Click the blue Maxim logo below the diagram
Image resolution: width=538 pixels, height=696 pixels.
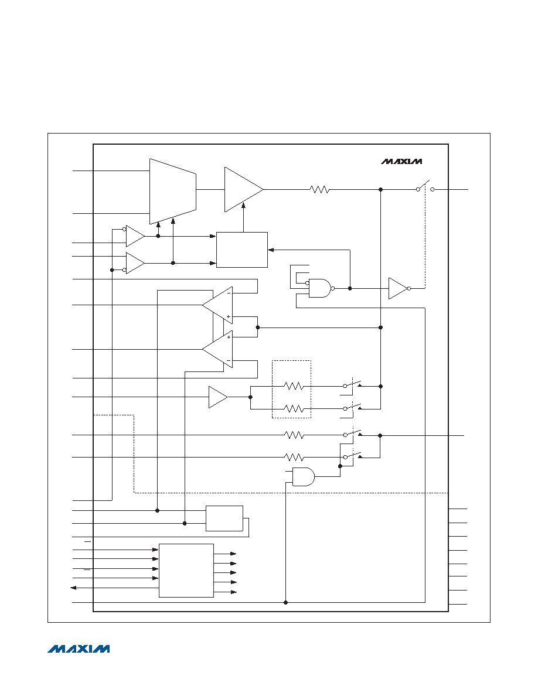pyautogui.click(x=79, y=649)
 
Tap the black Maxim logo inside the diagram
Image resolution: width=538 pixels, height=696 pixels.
pyautogui.click(x=401, y=162)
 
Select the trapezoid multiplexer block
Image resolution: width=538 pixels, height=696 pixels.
pyautogui.click(x=173, y=192)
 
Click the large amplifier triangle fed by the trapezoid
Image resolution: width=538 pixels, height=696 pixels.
pyautogui.click(x=244, y=190)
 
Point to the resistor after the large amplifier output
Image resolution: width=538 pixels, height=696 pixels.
pyautogui.click(x=319, y=190)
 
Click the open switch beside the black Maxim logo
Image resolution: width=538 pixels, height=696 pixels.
pyautogui.click(x=425, y=187)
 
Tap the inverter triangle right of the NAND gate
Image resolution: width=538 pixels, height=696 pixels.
pyautogui.click(x=399, y=288)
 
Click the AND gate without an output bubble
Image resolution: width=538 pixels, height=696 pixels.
pyautogui.click(x=304, y=477)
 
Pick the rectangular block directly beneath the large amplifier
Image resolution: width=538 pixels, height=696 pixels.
pyautogui.click(x=242, y=250)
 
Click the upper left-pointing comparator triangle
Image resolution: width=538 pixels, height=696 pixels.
pyautogui.click(x=217, y=305)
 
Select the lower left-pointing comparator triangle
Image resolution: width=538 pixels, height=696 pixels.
pyautogui.click(x=217, y=349)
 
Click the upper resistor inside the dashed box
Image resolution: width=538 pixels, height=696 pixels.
pyautogui.click(x=294, y=386)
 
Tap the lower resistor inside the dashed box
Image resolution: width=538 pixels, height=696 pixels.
pyautogui.click(x=294, y=408)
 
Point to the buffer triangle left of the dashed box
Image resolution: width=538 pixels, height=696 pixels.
pyautogui.click(x=218, y=397)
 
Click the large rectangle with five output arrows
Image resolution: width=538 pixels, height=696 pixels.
pyautogui.click(x=186, y=571)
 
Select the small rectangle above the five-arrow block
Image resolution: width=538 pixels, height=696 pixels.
pyautogui.click(x=224, y=518)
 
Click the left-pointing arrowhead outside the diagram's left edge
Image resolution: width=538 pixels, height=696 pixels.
pyautogui.click(x=74, y=588)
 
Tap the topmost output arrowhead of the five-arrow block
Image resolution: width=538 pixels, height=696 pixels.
pyautogui.click(x=233, y=554)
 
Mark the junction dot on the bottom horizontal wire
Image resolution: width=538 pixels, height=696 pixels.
pyautogui.click(x=285, y=602)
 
